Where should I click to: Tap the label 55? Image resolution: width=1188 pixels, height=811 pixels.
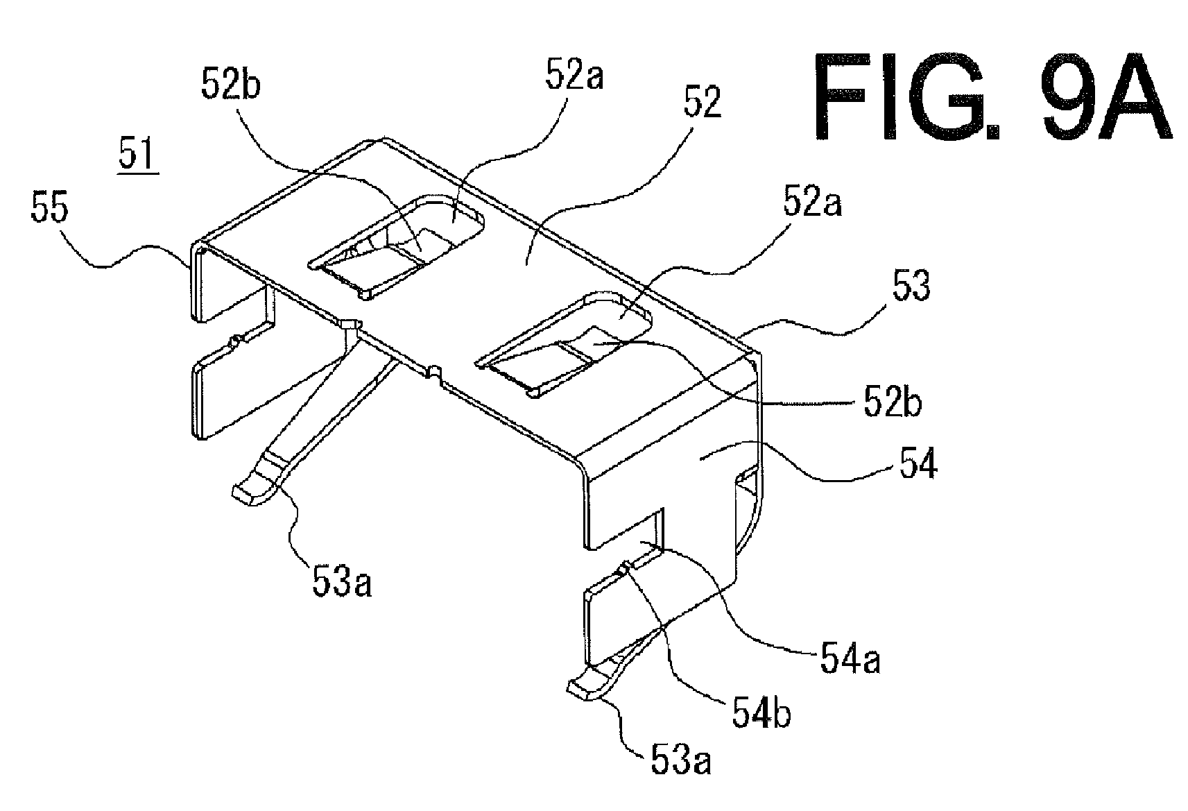[x=49, y=207]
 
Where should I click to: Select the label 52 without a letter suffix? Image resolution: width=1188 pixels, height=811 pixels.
[x=703, y=102]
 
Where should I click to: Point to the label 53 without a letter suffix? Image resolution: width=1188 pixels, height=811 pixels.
[x=911, y=285]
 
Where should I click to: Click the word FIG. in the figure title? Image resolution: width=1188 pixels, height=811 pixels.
[x=907, y=96]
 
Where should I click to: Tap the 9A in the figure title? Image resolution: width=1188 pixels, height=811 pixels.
[x=1105, y=96]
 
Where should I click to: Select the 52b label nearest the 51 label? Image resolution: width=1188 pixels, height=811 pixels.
[x=231, y=85]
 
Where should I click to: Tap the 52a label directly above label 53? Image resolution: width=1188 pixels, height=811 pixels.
[x=813, y=203]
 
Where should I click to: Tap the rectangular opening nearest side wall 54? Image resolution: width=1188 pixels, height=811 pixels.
[x=565, y=343]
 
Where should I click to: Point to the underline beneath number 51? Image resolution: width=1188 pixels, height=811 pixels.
[x=139, y=171]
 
